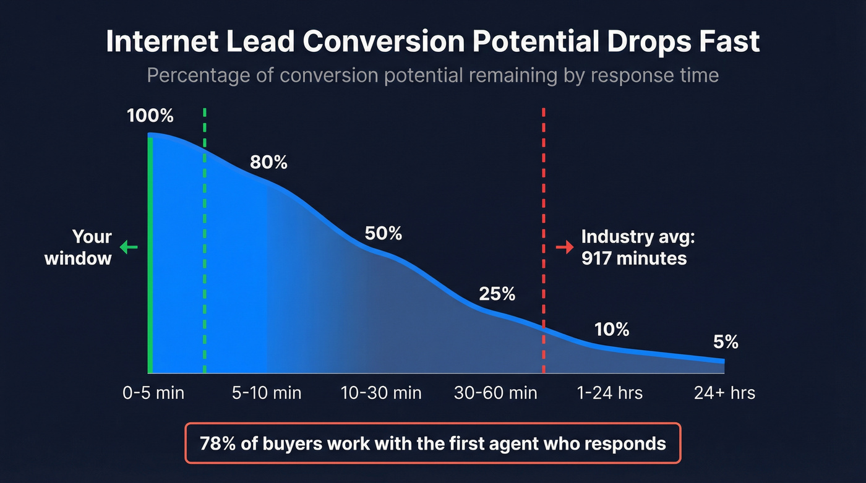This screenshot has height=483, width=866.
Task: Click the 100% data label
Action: [150, 116]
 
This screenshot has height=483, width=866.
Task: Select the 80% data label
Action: [268, 163]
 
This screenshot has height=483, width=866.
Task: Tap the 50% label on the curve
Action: [383, 234]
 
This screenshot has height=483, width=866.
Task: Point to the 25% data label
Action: [497, 294]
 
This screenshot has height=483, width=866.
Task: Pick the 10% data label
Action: [611, 330]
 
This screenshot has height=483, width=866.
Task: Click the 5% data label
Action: [725, 342]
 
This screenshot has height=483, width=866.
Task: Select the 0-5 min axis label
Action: [153, 393]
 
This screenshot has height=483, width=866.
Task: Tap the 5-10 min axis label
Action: [267, 393]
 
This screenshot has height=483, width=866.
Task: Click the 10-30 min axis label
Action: [381, 393]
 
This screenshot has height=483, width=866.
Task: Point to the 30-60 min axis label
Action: [495, 393]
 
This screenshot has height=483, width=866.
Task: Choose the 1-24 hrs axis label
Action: [609, 393]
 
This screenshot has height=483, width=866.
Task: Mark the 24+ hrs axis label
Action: [724, 393]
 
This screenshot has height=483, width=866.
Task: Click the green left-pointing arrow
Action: [128, 247]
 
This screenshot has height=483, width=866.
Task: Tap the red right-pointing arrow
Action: [565, 247]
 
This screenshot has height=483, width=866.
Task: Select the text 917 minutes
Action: [634, 258]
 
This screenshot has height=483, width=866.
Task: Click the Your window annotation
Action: [79, 247]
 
